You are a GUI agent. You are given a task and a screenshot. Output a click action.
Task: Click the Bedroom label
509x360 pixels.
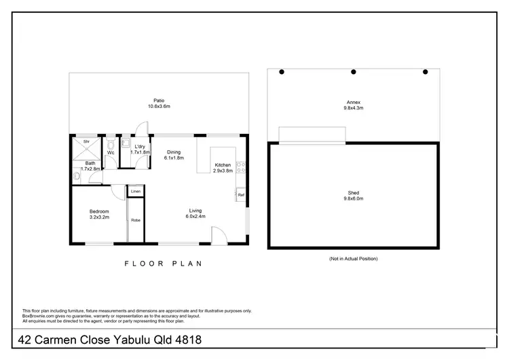(99, 211)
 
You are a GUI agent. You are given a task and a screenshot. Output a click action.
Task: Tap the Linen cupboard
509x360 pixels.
(136, 192)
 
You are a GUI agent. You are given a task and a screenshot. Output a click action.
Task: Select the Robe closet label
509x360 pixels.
(136, 221)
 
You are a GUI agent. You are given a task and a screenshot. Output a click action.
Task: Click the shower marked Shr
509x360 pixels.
(86, 142)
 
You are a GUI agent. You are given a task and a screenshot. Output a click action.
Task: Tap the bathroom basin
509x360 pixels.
(77, 176)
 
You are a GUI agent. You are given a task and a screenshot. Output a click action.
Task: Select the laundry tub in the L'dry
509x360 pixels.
(126, 143)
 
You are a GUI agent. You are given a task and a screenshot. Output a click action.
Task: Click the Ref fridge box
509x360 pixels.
(240, 195)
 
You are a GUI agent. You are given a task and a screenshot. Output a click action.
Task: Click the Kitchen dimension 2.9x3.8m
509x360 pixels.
(223, 171)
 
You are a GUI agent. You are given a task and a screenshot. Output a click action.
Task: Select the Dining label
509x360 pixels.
(174, 152)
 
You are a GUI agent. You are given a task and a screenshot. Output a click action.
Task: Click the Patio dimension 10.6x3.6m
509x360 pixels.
(159, 107)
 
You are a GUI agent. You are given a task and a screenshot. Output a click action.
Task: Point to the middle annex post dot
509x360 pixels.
(353, 71)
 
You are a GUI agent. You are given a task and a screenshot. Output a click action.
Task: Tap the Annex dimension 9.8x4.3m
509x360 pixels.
(354, 107)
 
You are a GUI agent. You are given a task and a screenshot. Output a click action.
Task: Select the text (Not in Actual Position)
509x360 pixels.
(353, 259)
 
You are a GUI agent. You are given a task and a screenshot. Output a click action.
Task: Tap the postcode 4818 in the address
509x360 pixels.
(187, 339)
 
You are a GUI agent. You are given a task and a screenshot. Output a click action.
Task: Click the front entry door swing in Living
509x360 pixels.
(220, 236)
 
